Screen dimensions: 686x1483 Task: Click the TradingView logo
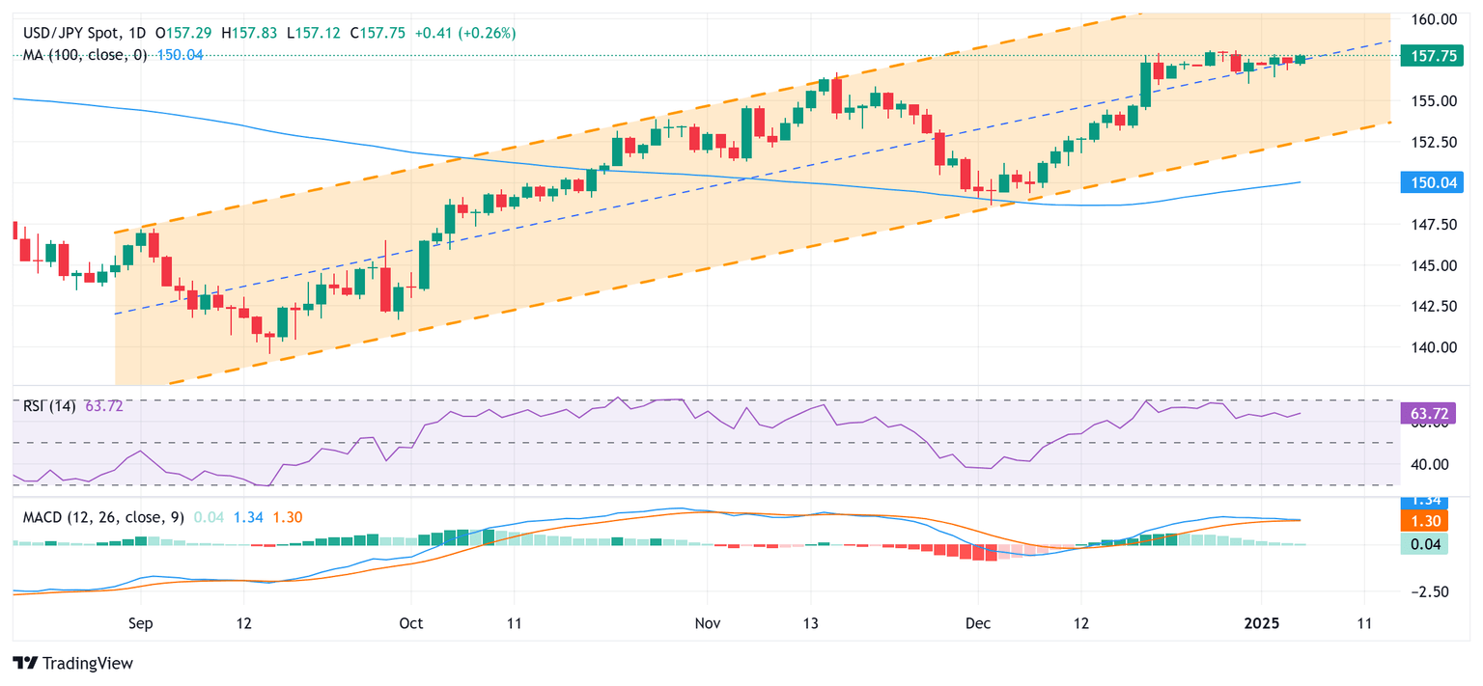[72, 663]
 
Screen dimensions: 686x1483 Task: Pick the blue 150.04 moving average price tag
[1433, 182]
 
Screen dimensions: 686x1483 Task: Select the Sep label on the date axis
[141, 624]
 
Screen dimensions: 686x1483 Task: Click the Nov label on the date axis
[708, 624]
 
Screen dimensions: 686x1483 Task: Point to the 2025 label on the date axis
[1260, 624]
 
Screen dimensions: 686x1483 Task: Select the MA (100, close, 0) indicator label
[85, 55]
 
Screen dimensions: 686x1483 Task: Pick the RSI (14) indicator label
[51, 406]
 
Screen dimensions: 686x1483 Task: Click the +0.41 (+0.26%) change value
[465, 33]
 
